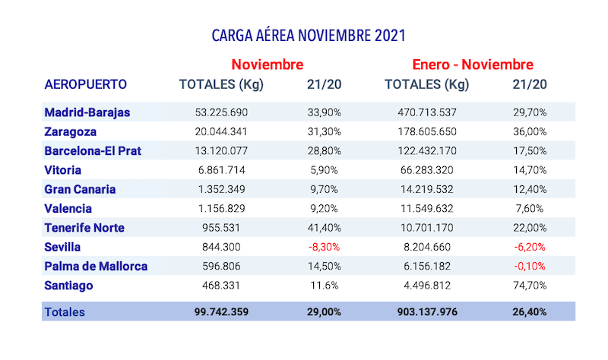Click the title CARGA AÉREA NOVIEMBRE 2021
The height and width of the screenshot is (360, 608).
(308, 36)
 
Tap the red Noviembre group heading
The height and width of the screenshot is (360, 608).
(268, 64)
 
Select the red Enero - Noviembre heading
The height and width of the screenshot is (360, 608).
(472, 64)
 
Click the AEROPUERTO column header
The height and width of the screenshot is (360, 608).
(86, 84)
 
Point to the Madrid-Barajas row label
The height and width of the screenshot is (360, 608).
(87, 112)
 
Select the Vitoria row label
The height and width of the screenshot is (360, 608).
(63, 170)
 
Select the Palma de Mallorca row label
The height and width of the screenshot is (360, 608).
(96, 266)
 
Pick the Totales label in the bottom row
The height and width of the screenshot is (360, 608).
(65, 312)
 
